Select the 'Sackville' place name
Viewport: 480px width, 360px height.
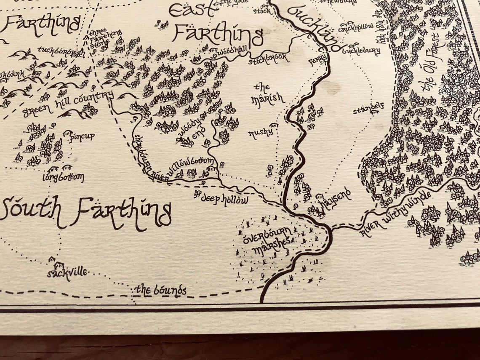click(x=67, y=273)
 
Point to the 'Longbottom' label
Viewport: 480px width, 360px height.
click(x=63, y=177)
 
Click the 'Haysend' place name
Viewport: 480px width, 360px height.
click(x=335, y=200)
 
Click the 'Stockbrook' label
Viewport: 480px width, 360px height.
click(x=269, y=58)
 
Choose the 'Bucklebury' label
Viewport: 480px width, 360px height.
click(x=361, y=51)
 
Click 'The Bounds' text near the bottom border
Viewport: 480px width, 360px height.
click(x=160, y=290)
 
